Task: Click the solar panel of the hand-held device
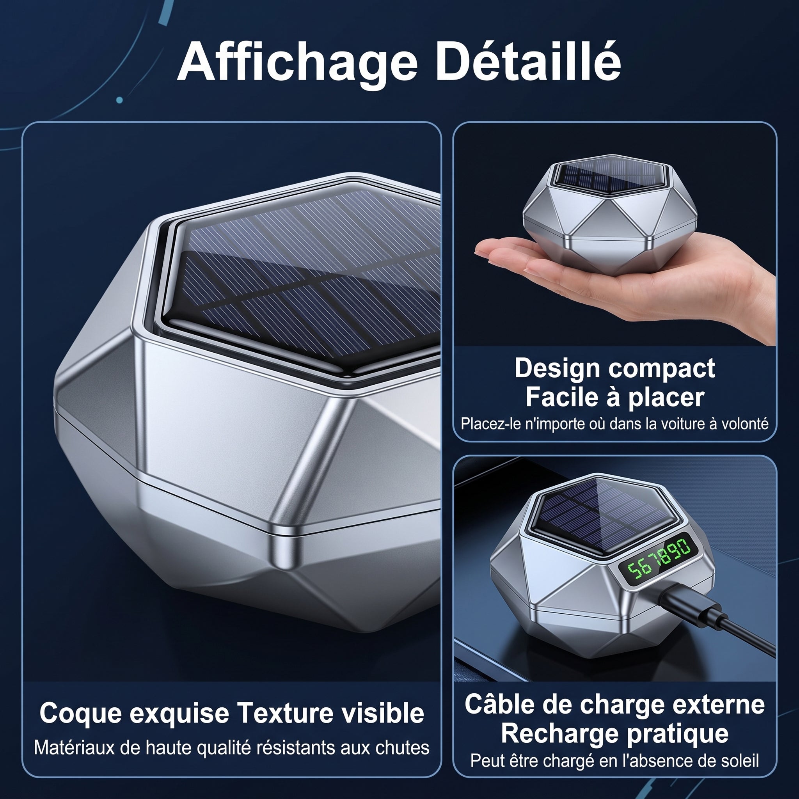pos(611,176)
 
